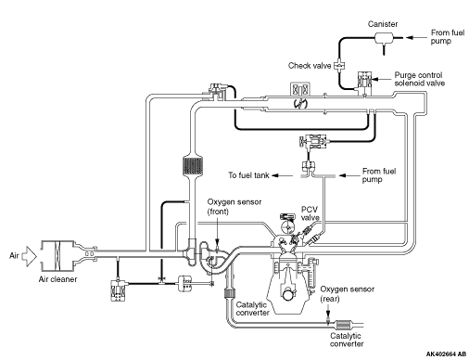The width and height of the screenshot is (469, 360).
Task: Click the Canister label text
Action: [x=383, y=24]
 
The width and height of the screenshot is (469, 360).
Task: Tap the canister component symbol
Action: [x=384, y=39]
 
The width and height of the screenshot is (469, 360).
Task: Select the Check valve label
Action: [x=310, y=66]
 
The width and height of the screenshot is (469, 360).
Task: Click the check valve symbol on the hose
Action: [x=339, y=66]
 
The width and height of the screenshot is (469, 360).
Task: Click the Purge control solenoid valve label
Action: [x=419, y=79]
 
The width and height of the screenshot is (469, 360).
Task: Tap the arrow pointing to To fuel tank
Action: [x=282, y=175]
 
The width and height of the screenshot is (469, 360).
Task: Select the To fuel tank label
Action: [x=248, y=175]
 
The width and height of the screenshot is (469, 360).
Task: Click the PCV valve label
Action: [x=310, y=213]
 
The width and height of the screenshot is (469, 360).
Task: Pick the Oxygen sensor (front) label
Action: [x=234, y=207]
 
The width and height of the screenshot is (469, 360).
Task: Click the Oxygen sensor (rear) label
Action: [x=347, y=294]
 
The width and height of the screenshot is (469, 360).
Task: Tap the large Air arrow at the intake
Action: [x=29, y=256]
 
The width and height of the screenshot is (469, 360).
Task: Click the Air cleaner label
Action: [x=57, y=279]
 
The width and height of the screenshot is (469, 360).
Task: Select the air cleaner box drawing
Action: [x=57, y=255]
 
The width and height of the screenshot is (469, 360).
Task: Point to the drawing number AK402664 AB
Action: [x=446, y=354]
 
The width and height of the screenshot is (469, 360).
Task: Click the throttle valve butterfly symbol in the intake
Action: [x=300, y=104]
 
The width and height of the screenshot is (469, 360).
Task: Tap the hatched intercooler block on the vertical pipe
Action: [x=193, y=165]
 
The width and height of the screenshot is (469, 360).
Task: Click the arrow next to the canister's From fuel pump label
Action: [x=416, y=38]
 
